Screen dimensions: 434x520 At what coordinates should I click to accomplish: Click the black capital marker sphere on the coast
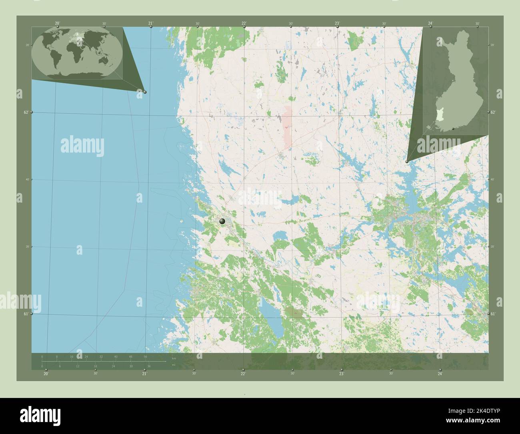(x=222, y=221)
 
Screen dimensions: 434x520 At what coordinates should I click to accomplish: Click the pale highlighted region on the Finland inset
(x=440, y=116)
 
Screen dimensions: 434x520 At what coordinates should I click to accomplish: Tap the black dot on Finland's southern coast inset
(x=453, y=129)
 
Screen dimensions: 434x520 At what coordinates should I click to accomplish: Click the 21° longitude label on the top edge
(x=150, y=23)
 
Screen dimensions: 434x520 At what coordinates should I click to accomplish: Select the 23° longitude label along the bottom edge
(x=341, y=374)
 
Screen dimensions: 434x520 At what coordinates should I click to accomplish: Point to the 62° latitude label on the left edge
(x=26, y=113)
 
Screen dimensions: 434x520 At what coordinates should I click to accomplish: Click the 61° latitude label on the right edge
(x=493, y=314)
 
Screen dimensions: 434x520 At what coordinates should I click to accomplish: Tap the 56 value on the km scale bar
(x=145, y=356)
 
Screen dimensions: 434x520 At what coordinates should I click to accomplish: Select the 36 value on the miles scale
(x=149, y=366)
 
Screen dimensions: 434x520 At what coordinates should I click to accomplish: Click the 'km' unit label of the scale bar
(x=174, y=358)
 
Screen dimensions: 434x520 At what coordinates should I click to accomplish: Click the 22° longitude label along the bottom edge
(x=243, y=374)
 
